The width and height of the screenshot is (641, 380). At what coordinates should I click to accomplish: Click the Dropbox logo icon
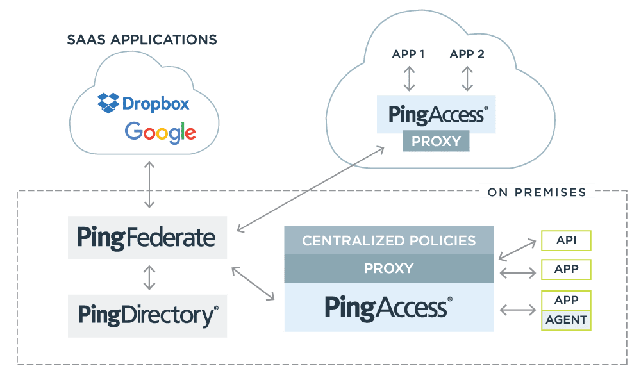(108, 103)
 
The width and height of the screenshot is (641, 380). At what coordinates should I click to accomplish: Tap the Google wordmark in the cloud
(160, 133)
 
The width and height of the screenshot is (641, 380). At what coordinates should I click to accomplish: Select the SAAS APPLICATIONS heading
(142, 40)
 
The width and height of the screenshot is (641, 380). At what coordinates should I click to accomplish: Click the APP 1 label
(408, 54)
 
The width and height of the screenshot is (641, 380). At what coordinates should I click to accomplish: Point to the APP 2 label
(467, 54)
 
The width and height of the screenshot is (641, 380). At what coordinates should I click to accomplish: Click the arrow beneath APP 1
(409, 78)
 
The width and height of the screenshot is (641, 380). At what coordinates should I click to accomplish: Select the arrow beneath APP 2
(467, 78)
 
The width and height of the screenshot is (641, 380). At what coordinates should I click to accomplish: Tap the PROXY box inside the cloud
(436, 141)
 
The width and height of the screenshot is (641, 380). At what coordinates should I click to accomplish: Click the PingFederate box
(147, 237)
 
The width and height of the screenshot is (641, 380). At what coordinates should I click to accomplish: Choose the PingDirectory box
(147, 316)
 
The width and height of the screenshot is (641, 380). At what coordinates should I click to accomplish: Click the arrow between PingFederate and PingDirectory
(149, 277)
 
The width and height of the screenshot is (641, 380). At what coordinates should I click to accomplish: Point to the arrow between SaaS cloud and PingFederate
(149, 185)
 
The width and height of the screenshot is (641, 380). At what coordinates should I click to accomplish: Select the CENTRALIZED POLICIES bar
(389, 241)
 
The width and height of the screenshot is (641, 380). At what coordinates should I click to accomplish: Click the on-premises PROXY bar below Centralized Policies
(389, 268)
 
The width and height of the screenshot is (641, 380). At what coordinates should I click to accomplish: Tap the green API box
(566, 240)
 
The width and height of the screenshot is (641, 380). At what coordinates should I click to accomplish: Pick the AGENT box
(566, 320)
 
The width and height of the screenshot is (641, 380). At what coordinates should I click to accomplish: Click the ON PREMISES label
(537, 192)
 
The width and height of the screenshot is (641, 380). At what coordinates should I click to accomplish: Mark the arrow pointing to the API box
(517, 250)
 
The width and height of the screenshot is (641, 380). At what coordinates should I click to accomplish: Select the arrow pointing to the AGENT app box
(518, 310)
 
